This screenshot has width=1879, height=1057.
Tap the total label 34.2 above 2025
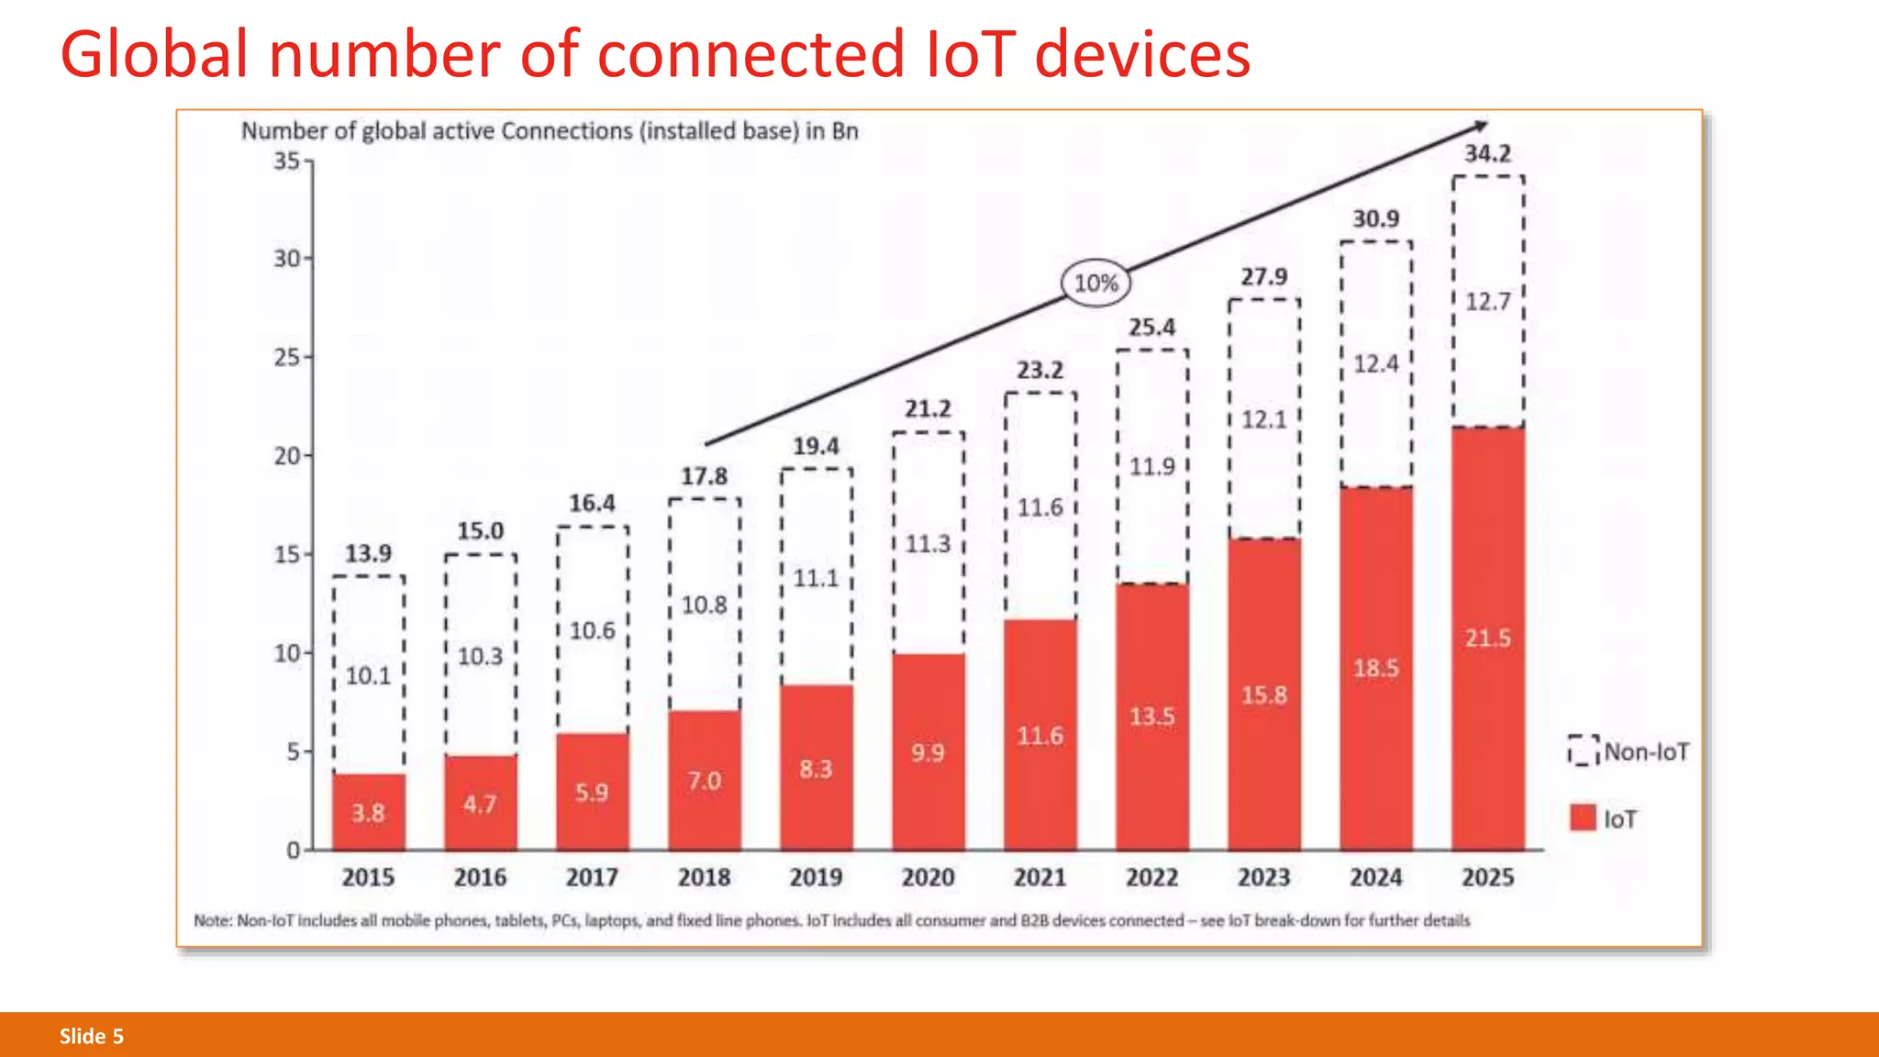coord(1487,153)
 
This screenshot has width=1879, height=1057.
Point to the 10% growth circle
coord(1095,284)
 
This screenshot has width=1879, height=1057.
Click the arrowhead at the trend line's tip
coord(1481,126)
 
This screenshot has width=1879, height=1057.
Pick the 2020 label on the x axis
coord(928,878)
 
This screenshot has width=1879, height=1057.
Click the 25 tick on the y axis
coord(287,357)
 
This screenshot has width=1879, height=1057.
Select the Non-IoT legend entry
coord(1629,751)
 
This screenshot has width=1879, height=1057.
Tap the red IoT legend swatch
coord(1583,818)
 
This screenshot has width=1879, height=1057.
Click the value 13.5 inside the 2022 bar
coord(1151,717)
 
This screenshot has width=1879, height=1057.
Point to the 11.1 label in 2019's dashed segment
coord(816,578)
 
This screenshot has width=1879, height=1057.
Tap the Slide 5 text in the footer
coord(92,1036)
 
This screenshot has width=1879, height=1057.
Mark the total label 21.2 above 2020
coord(928,408)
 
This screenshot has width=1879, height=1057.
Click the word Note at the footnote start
coord(212,920)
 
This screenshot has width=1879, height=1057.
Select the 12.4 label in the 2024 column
coord(1375,364)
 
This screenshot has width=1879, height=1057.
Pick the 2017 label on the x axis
coord(592,878)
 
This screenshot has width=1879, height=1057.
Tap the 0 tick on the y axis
coord(294,850)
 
